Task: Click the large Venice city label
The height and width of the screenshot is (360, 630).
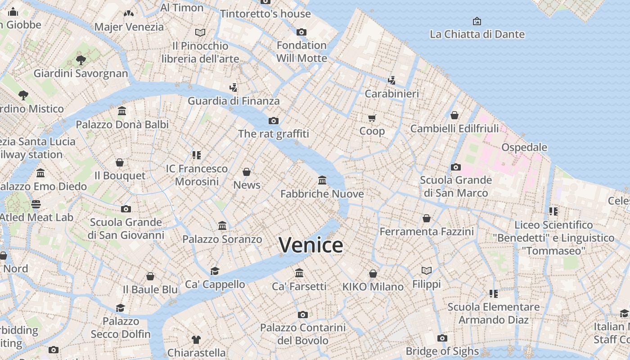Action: (x=311, y=245)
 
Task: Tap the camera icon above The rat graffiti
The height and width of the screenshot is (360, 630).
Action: (x=273, y=121)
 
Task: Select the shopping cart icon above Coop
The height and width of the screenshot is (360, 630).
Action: (x=372, y=118)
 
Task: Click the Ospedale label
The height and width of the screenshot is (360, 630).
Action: (x=524, y=147)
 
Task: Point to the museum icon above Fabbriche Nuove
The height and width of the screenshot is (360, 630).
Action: (x=322, y=180)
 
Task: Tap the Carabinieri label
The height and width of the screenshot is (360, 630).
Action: (x=391, y=94)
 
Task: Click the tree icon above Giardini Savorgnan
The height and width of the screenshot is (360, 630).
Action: (x=81, y=60)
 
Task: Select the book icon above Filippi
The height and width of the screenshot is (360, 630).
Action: (x=426, y=270)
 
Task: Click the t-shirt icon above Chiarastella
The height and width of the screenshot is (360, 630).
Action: (x=196, y=339)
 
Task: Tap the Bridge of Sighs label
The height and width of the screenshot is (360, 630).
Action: (x=442, y=351)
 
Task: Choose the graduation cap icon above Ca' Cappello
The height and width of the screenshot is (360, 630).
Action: (x=215, y=271)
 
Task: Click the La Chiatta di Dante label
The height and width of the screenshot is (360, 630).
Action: (x=477, y=34)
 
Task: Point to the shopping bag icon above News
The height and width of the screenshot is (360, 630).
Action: (x=247, y=172)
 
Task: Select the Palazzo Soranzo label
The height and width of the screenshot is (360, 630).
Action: (x=222, y=239)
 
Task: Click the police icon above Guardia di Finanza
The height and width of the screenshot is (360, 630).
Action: (x=233, y=87)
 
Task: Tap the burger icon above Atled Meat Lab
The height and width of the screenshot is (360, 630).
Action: (x=36, y=204)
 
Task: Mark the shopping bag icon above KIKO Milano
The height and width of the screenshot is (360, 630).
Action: (x=373, y=274)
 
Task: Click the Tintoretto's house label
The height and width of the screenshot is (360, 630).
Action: (x=265, y=14)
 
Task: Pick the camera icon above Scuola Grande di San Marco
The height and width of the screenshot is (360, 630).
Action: (x=455, y=167)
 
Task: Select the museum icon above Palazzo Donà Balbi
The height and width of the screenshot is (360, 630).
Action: (x=122, y=111)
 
